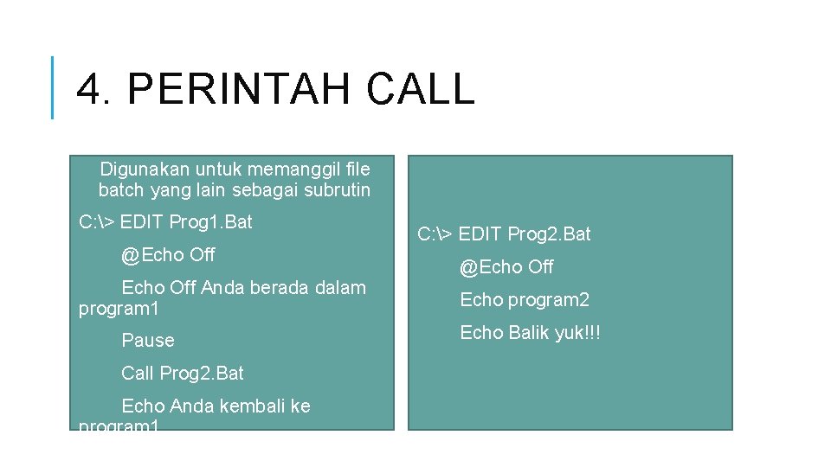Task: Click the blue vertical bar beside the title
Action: coord(53,87)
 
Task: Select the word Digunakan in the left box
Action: coord(145,169)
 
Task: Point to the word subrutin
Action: coord(337,189)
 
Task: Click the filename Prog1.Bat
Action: coord(210,222)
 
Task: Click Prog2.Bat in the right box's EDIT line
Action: coord(549,234)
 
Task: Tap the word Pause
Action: coord(148,341)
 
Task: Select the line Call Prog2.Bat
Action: coord(183,374)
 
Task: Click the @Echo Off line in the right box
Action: coord(506,267)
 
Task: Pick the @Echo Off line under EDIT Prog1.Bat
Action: coord(168,255)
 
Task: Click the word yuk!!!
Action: coord(580,333)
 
